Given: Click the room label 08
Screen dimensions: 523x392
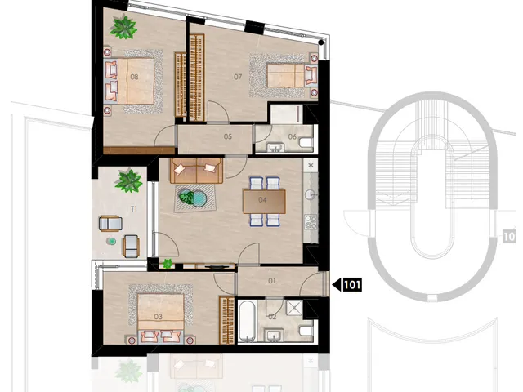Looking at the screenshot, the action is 134,77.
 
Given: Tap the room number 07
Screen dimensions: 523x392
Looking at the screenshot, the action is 238,77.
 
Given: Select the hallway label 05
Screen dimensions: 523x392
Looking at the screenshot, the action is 228,136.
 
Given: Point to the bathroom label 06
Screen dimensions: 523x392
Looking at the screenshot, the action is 293,136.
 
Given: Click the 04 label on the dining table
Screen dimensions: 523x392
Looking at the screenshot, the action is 262,199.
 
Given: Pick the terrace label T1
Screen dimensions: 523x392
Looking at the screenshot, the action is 134,209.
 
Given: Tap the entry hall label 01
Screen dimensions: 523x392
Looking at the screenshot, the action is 272,281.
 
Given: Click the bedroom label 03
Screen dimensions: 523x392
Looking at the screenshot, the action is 158,316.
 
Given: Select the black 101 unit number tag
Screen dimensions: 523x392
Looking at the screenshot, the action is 352,285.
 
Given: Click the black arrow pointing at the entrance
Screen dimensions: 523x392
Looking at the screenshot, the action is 337,285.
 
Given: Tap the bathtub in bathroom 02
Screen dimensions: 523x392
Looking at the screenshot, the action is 247,321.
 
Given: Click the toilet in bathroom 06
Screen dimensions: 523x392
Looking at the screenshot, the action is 306,142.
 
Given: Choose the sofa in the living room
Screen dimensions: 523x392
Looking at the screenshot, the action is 197,171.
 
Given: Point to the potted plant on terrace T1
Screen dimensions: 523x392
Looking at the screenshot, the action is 128,180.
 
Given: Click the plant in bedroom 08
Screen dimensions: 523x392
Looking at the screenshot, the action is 123,27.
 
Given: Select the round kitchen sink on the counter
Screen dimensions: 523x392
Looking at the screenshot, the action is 311,194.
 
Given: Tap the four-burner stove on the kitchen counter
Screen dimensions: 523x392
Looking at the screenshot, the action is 311,221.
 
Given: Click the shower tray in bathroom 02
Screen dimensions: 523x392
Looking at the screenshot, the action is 294,308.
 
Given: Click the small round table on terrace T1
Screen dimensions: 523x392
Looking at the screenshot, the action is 111,241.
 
